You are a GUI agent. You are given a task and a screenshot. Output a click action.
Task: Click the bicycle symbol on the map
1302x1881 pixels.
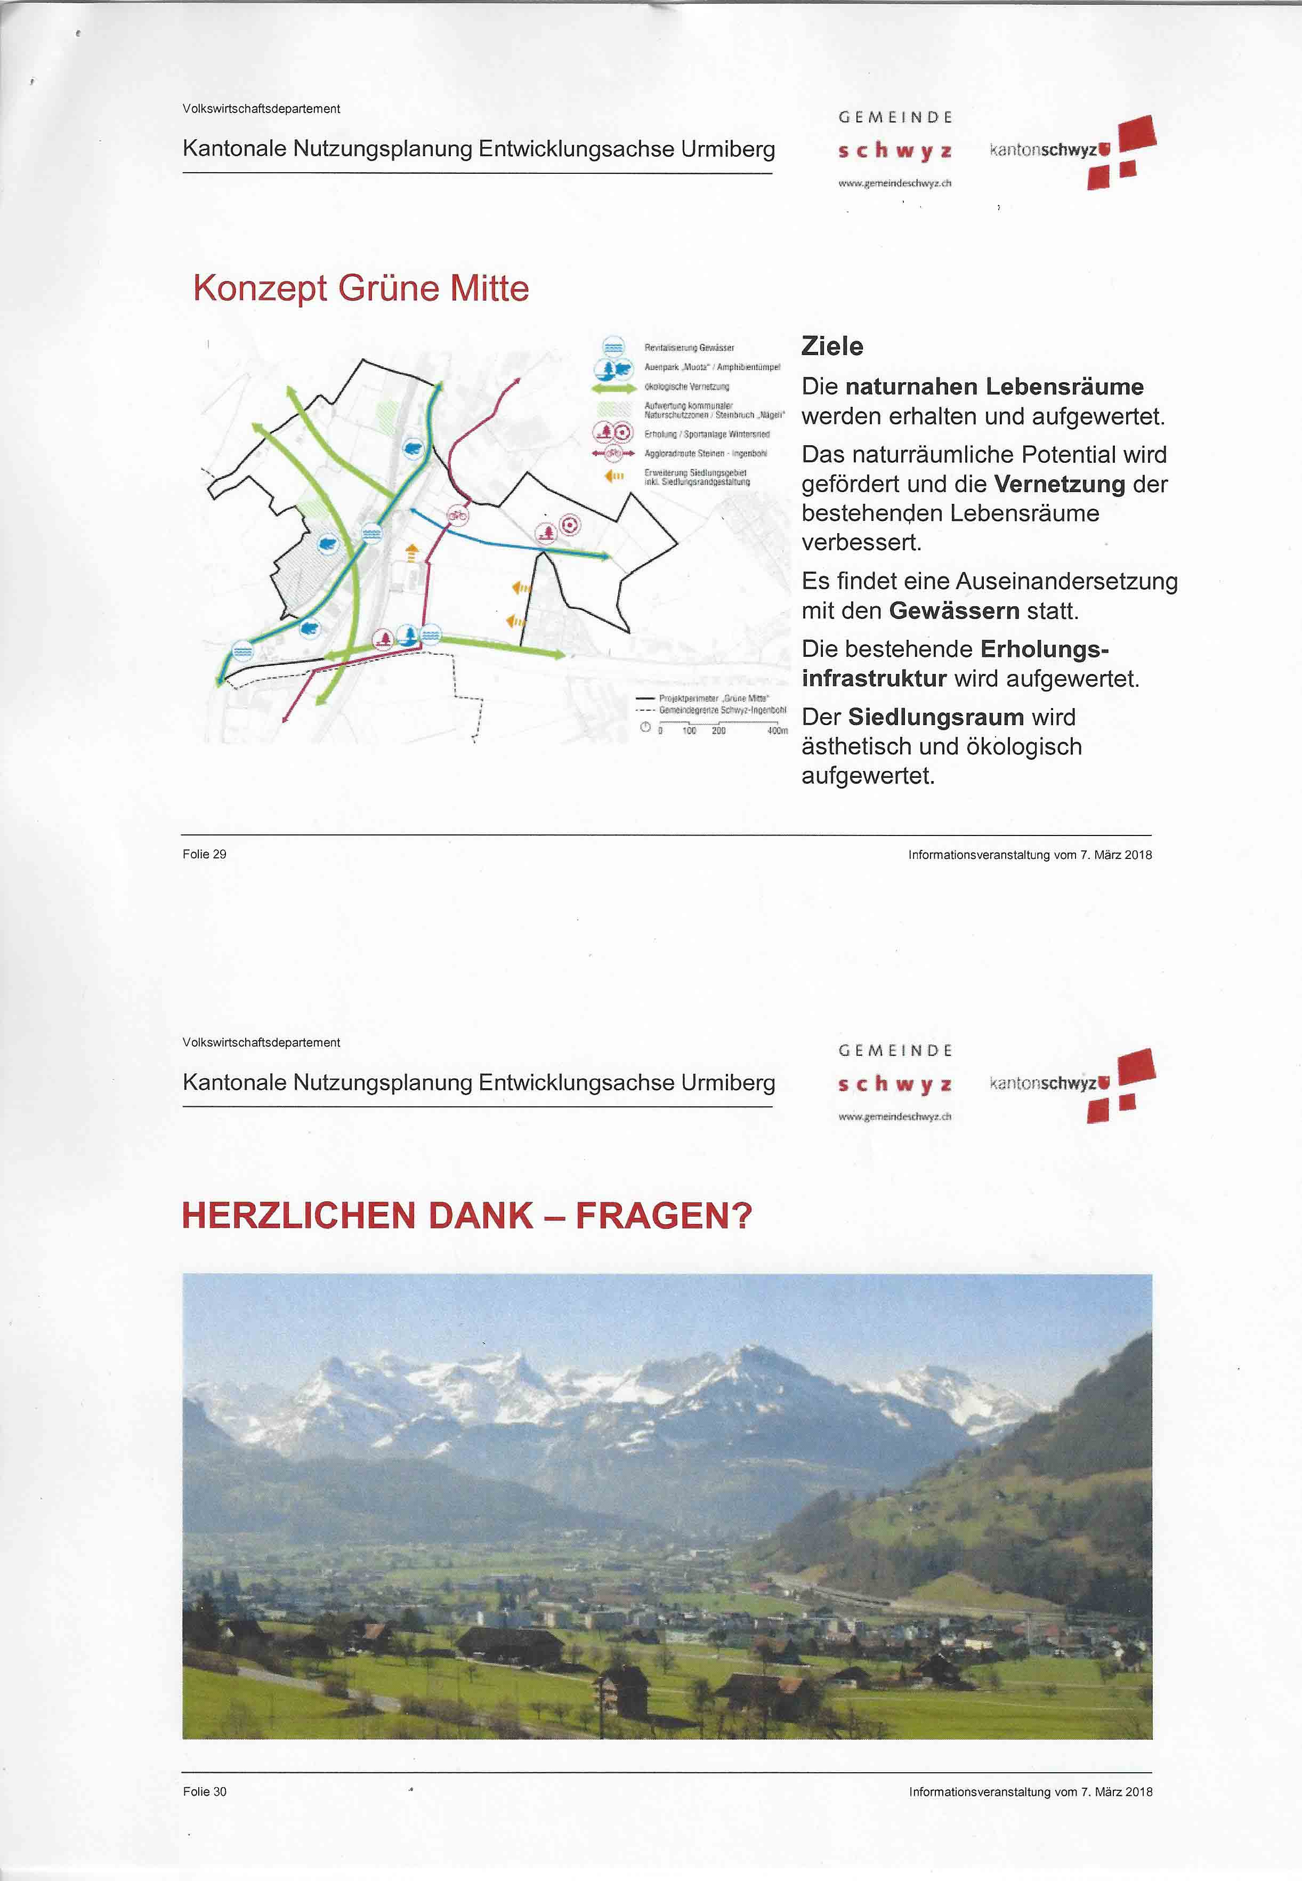point(458,515)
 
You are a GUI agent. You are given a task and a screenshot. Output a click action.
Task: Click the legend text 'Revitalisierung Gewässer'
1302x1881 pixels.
point(689,348)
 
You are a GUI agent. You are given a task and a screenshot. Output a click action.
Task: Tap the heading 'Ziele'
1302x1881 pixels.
point(831,346)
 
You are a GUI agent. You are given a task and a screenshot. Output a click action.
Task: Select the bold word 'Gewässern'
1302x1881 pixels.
point(953,610)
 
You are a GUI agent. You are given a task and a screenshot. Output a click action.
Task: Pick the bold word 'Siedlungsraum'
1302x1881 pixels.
point(935,717)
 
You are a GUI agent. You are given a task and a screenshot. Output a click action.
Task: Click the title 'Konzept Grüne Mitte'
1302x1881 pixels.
point(361,288)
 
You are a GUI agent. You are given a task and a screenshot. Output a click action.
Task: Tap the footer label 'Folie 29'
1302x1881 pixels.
point(204,855)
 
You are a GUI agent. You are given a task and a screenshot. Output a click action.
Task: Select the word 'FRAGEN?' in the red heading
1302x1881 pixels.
point(663,1216)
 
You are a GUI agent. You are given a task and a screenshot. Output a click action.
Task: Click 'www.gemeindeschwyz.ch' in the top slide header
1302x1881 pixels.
point(894,183)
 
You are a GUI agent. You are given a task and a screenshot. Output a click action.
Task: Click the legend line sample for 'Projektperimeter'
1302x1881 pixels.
point(645,698)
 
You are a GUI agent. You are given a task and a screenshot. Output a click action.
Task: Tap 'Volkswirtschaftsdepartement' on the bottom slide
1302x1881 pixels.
point(261,1043)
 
